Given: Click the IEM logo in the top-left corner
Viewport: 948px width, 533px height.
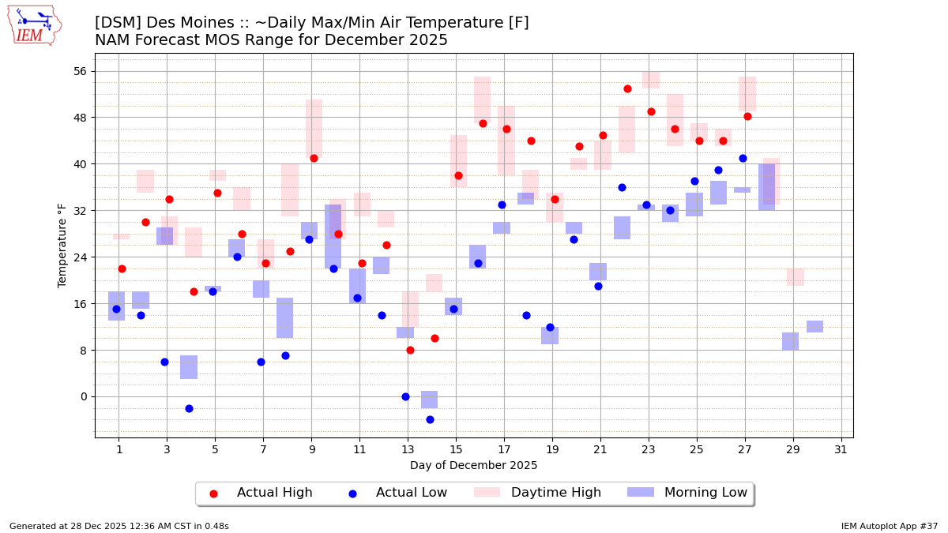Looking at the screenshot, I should (34, 25).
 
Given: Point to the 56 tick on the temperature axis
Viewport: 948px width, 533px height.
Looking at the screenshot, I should (80, 71).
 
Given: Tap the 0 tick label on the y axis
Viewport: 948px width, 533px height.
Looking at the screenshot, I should (83, 396).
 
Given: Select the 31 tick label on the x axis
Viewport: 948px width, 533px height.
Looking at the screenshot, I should (841, 450).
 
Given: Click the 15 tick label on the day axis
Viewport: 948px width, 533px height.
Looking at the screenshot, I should (456, 450).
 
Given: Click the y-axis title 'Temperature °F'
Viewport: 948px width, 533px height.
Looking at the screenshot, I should (62, 245).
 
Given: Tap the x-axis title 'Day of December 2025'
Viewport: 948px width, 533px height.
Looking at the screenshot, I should (473, 466).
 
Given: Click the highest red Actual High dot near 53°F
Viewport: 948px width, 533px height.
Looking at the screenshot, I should (627, 88).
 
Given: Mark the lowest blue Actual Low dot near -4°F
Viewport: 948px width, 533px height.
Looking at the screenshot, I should (430, 419).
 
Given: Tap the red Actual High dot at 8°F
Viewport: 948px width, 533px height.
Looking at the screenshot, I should (410, 350).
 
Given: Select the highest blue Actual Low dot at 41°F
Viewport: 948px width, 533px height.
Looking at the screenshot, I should (743, 158).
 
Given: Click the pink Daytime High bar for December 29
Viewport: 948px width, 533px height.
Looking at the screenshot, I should (795, 277).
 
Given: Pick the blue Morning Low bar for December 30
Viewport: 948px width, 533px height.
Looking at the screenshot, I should (814, 326).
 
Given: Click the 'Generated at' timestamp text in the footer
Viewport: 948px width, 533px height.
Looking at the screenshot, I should (119, 526).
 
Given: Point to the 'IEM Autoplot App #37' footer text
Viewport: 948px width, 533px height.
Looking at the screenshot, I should (889, 526).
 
